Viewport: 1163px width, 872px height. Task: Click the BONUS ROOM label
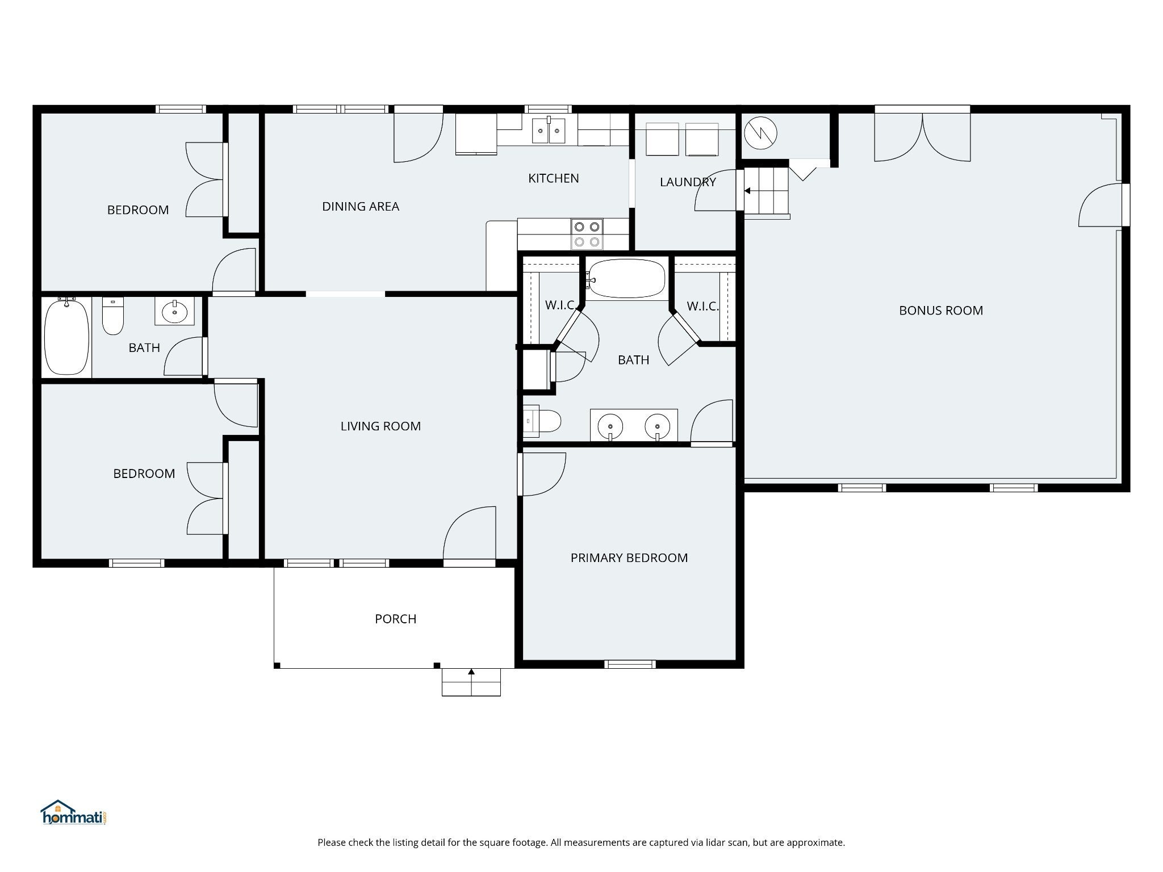coord(941,311)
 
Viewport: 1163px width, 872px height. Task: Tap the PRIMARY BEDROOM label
coord(629,558)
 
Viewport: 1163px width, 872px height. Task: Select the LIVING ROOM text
coord(380,426)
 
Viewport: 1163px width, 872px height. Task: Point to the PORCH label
coord(396,619)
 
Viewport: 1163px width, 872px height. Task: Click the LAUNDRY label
coord(688,182)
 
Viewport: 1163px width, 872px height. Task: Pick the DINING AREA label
coord(361,207)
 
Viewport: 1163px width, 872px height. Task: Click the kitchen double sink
coord(549,132)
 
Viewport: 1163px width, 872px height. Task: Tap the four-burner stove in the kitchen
coord(587,234)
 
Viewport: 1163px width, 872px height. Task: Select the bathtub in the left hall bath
coord(67,337)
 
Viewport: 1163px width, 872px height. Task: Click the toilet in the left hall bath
coord(112,316)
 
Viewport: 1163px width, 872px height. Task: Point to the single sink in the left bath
coord(175,312)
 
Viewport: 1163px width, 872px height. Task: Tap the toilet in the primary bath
coord(542,422)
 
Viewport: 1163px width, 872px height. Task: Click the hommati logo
coord(74,812)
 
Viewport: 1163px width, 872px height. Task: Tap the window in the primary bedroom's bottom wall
coord(630,664)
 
